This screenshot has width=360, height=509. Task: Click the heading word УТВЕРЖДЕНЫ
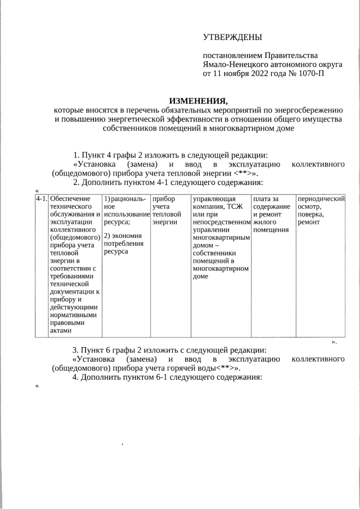point(232,38)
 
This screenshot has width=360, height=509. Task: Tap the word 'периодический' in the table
point(321,199)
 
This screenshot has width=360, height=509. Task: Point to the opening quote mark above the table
point(37,191)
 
